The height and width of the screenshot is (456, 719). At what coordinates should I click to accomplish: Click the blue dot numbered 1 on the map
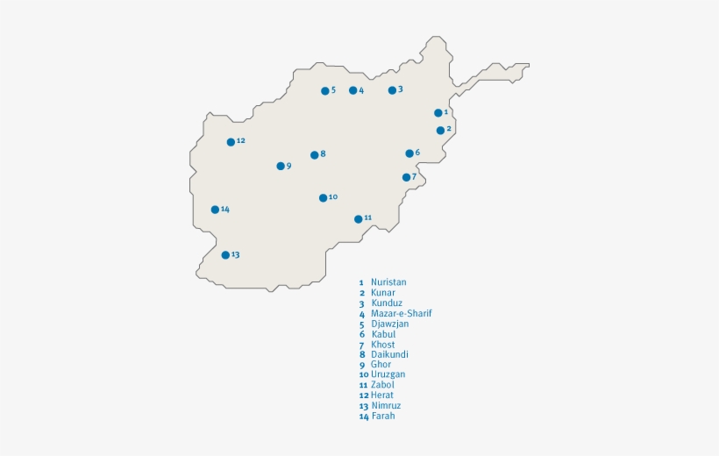tap(438, 113)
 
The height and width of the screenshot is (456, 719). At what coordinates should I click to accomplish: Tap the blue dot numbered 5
tap(325, 91)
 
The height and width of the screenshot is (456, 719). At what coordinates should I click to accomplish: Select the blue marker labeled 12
tap(231, 142)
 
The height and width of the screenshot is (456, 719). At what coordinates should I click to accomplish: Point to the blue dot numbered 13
tap(225, 255)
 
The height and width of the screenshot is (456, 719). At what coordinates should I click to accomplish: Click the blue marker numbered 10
tap(324, 198)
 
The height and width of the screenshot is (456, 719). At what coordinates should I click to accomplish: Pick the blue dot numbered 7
tap(407, 177)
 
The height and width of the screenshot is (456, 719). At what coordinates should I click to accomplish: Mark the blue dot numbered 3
tap(392, 90)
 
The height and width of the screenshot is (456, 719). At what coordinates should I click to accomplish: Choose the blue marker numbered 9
tap(281, 166)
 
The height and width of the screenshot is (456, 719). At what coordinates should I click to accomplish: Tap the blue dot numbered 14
tap(215, 210)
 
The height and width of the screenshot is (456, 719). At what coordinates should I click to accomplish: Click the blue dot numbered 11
tap(358, 219)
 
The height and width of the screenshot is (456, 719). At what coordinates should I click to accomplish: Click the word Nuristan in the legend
tap(388, 282)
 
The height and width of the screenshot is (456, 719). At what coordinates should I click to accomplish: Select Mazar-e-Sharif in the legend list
tap(401, 313)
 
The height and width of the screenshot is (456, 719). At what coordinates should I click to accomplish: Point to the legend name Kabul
tap(383, 334)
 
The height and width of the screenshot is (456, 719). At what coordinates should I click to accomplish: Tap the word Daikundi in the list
tap(389, 354)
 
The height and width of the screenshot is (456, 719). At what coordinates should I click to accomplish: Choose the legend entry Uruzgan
tap(388, 374)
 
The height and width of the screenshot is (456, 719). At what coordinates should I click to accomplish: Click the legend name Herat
tap(381, 395)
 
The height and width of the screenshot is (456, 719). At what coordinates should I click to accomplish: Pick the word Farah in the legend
tap(382, 416)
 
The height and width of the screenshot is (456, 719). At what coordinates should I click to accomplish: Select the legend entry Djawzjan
tap(389, 324)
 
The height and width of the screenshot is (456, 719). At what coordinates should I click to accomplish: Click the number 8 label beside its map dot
tap(323, 154)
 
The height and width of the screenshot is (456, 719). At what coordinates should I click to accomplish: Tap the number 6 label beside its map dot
tap(417, 153)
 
